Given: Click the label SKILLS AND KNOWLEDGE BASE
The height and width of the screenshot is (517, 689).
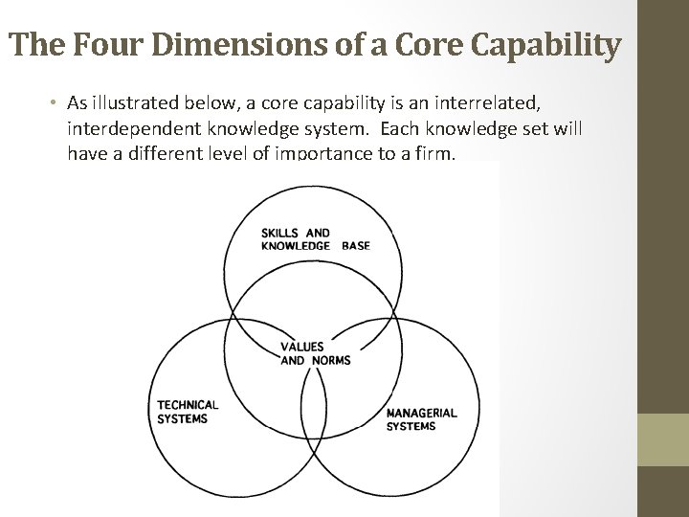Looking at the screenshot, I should point(314,238).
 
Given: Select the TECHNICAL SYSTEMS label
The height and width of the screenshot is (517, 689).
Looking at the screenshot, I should point(188,412).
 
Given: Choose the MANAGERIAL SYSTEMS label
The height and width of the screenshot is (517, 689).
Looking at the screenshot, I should point(421,419).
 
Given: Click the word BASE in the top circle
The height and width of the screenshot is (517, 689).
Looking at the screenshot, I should point(355,245).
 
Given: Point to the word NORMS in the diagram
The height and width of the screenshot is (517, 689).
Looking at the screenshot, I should point(331,360).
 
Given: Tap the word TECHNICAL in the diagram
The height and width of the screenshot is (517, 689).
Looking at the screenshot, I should point(188,405).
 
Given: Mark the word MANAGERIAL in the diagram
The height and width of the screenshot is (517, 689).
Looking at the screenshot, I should point(421,413).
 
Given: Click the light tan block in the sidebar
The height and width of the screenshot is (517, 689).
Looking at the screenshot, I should point(663,440).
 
